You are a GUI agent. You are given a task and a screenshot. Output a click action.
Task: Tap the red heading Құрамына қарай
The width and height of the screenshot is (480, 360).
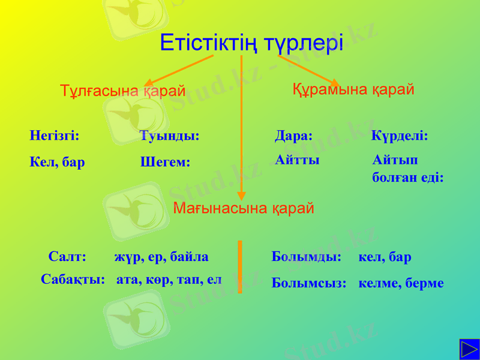(x=353, y=89)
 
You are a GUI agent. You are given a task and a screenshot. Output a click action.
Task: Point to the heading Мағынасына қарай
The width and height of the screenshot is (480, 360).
(x=244, y=208)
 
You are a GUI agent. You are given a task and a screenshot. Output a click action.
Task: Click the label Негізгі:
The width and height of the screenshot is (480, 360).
(x=55, y=136)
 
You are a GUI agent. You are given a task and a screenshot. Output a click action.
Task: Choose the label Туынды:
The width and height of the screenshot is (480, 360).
(x=169, y=136)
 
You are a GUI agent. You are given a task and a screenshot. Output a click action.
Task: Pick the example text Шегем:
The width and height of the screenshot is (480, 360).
(x=165, y=162)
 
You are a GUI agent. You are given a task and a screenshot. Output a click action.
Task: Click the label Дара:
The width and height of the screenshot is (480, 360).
(x=293, y=136)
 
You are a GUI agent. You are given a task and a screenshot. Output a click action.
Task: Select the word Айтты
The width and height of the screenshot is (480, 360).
(x=297, y=160)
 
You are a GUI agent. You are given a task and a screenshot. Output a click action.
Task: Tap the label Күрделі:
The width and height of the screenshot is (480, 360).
(x=400, y=136)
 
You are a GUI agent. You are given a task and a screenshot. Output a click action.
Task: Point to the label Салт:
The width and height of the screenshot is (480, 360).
(x=67, y=257)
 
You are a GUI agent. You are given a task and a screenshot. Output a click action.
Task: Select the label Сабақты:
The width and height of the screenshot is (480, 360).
(x=73, y=279)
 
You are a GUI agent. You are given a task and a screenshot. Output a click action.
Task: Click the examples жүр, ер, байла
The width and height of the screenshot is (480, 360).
(x=161, y=257)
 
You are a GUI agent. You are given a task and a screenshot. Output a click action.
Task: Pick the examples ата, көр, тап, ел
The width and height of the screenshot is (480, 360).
(x=169, y=279)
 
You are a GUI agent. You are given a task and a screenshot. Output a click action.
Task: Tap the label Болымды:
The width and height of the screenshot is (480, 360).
(x=307, y=257)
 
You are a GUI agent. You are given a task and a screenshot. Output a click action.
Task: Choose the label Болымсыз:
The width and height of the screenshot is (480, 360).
(x=309, y=283)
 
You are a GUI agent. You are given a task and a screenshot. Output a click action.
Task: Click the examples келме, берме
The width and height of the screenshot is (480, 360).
(x=401, y=283)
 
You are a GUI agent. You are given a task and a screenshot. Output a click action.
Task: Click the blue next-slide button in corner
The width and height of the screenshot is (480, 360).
(x=469, y=349)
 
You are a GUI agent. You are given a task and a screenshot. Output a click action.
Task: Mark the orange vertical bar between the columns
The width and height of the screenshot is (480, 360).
(x=240, y=267)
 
